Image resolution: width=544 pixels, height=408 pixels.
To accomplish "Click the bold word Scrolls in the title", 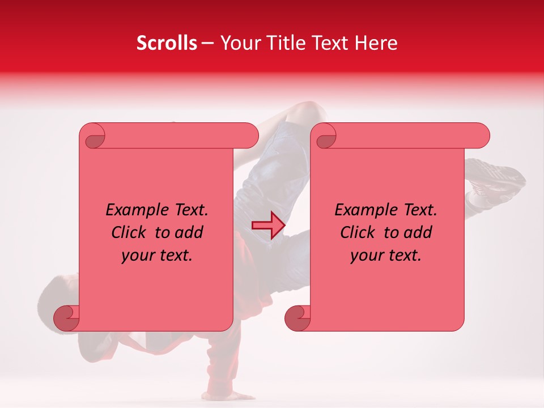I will coord(167,43).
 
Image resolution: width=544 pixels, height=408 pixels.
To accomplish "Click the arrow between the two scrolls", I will coord(268,225).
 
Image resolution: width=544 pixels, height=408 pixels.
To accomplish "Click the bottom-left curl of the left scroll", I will coord(67,317).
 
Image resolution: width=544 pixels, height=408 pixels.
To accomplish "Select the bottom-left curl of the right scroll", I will coord(297,317).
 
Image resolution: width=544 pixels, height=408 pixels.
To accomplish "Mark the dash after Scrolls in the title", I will coord(207,44).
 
